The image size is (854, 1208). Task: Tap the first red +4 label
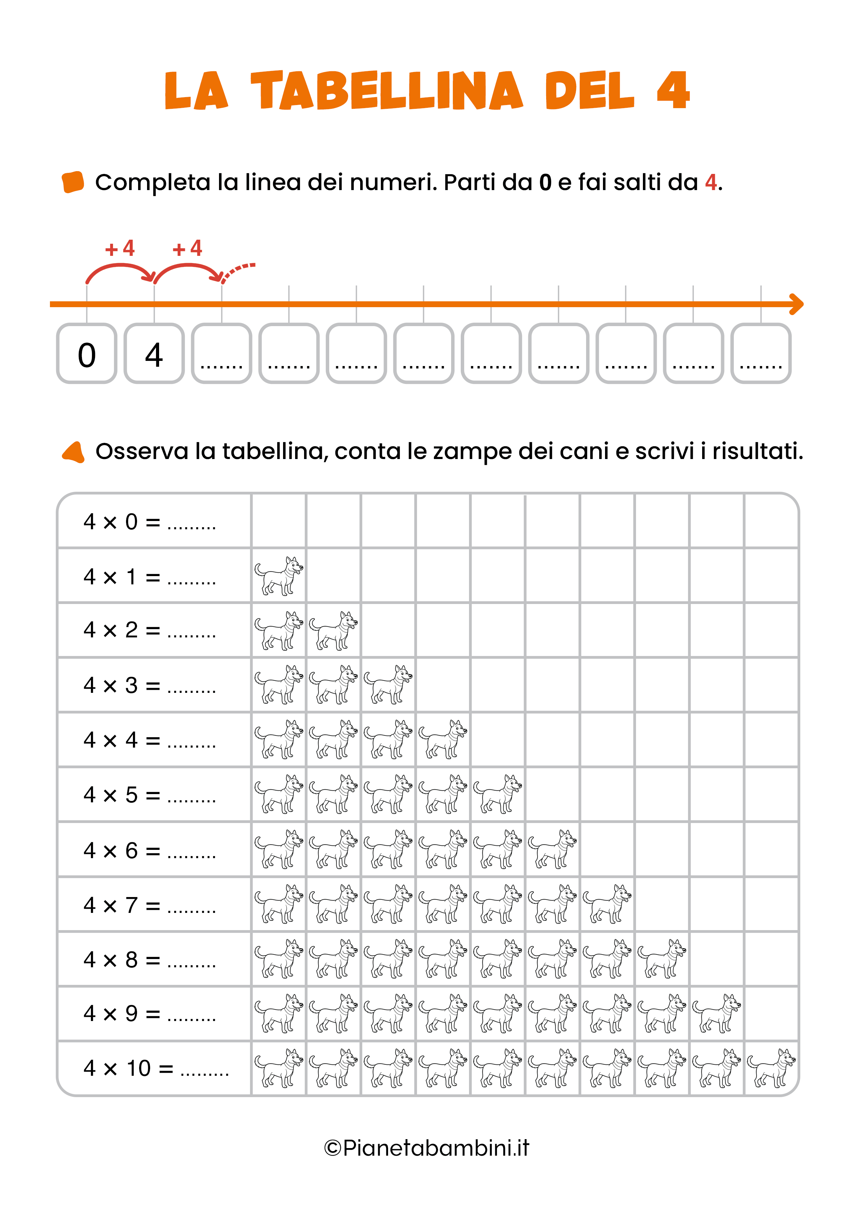click(120, 248)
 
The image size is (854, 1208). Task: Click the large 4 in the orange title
click(673, 91)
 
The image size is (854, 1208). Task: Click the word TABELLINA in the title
click(387, 91)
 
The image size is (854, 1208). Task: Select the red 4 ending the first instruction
click(711, 183)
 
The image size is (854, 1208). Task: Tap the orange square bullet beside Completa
click(73, 182)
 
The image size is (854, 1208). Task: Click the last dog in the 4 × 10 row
click(771, 1068)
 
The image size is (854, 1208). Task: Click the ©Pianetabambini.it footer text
click(427, 1148)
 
